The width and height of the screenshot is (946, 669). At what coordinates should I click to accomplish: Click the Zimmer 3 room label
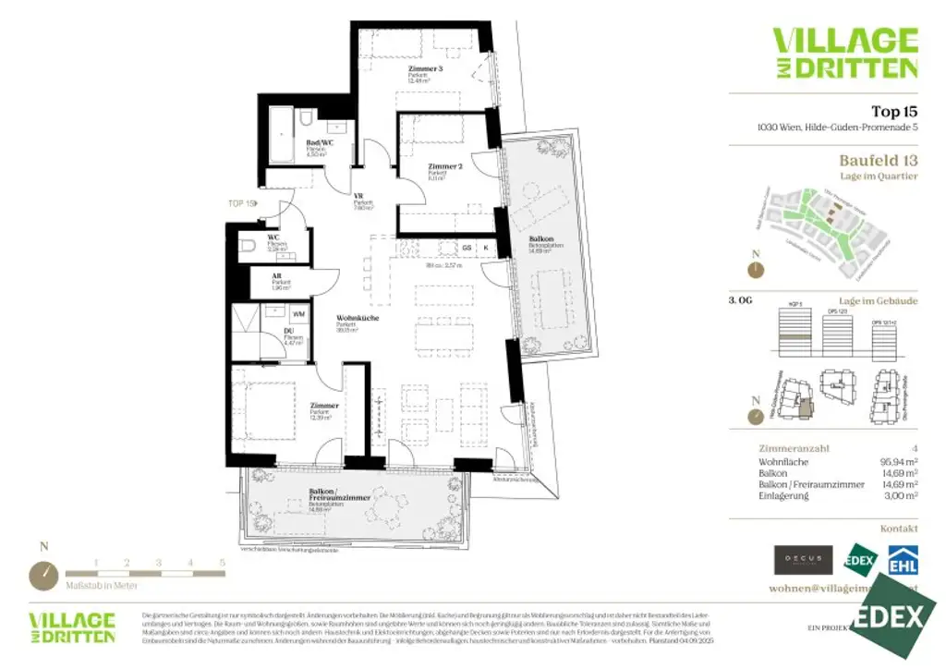[426, 69]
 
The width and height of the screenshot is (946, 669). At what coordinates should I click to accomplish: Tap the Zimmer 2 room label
[443, 167]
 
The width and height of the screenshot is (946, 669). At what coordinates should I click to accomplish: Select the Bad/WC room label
[319, 143]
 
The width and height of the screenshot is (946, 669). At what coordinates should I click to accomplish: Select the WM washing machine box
[297, 313]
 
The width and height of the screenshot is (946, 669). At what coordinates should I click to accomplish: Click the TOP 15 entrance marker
[241, 202]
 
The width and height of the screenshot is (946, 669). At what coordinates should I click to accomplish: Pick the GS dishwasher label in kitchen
[467, 248]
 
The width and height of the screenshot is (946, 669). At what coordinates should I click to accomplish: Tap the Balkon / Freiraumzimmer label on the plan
[339, 497]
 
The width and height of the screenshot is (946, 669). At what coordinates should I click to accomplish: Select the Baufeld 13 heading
[878, 160]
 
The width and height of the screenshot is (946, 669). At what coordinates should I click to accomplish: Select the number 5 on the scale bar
[222, 562]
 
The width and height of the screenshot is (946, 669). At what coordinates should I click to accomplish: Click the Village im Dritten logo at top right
[844, 53]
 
